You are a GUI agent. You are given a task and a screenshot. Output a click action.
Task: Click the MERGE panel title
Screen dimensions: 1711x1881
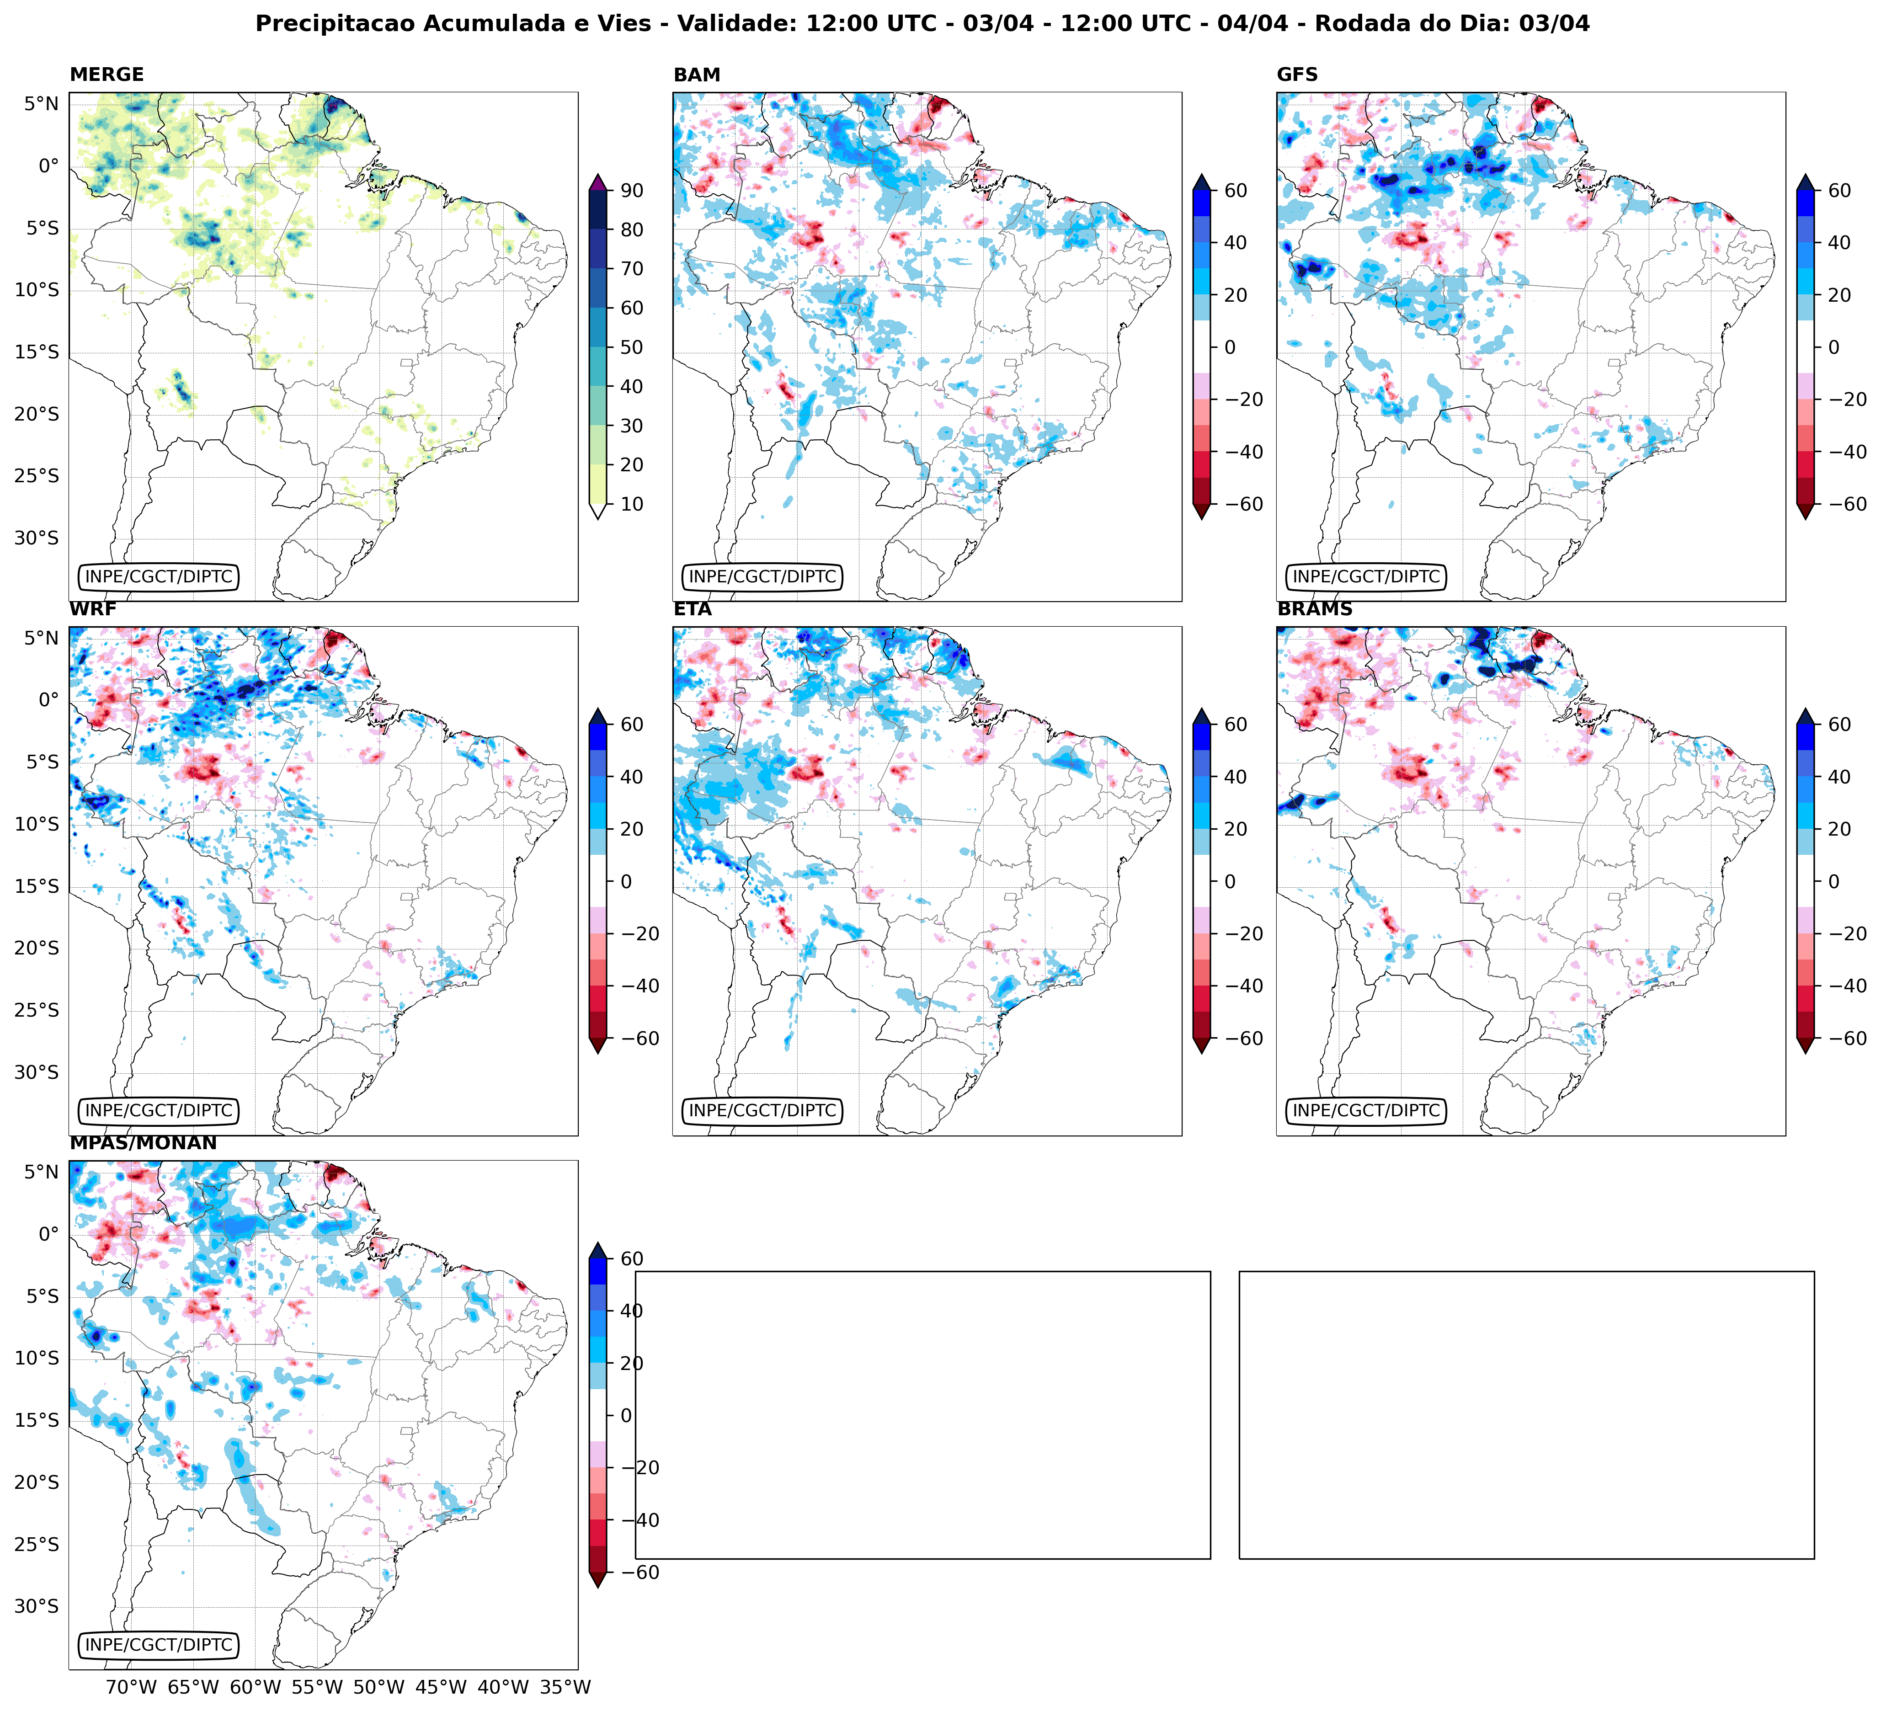coord(107,75)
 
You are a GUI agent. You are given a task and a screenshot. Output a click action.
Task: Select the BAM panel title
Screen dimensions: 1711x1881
coord(697,75)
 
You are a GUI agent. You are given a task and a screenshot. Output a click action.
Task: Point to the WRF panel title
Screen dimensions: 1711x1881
coord(93,609)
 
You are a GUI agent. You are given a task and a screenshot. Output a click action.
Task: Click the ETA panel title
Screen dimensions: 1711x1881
coord(693,609)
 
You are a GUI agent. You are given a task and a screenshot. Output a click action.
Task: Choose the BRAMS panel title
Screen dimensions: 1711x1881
coord(1315,609)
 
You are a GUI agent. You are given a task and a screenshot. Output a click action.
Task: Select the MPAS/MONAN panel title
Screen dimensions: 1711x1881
coord(143,1143)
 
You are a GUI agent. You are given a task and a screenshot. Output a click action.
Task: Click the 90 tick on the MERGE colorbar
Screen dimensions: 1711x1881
coord(632,190)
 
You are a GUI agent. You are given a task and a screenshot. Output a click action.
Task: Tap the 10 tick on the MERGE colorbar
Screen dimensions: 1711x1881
coord(632,504)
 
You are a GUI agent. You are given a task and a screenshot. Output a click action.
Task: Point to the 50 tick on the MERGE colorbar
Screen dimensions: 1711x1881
coord(632,347)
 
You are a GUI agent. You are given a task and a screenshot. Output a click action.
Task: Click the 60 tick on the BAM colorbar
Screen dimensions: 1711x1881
coord(1236,190)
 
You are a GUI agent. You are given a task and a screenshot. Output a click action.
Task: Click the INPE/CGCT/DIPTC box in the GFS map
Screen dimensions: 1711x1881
coord(1366,576)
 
